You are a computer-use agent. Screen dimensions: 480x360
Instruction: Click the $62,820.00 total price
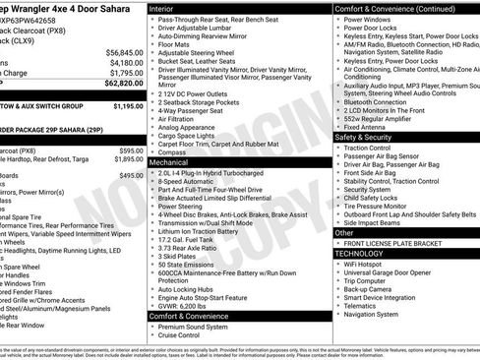[x=123, y=84]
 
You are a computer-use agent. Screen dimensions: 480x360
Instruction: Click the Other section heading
[x=343, y=233]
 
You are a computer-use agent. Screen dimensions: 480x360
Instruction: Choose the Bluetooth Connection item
[x=376, y=101]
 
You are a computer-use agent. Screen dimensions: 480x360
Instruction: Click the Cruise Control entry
[x=181, y=335]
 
